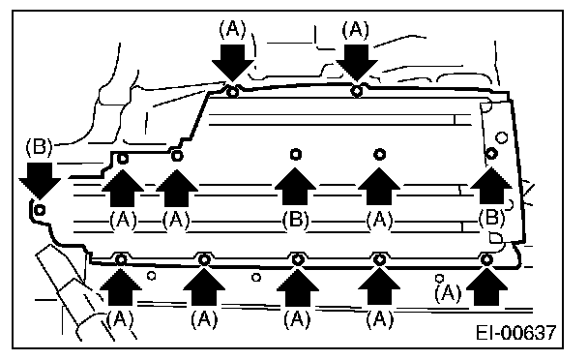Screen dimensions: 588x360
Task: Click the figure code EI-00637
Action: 516,333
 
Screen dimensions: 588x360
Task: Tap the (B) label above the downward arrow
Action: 39,147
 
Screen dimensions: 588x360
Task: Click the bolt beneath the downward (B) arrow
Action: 40,210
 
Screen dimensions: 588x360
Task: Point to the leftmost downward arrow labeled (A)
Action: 233,63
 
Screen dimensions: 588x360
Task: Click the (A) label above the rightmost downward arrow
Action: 355,30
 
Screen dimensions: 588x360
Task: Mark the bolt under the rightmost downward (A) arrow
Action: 357,91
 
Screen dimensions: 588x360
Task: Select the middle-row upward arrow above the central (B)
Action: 296,187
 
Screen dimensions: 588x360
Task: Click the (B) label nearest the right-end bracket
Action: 491,218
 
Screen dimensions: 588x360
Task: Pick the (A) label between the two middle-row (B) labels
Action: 379,220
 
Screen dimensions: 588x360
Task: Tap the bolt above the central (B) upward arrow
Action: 296,154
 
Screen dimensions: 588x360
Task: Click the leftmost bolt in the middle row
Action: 123,159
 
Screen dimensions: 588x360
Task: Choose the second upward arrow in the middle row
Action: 177,188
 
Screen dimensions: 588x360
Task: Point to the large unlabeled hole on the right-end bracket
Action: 501,137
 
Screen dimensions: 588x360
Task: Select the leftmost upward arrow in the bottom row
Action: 121,287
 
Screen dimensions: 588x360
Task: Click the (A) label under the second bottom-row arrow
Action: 204,319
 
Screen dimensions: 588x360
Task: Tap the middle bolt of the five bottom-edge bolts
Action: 298,259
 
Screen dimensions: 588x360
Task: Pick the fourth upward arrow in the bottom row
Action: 379,286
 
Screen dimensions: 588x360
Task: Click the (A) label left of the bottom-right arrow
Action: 448,293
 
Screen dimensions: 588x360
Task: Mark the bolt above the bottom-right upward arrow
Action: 486,259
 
